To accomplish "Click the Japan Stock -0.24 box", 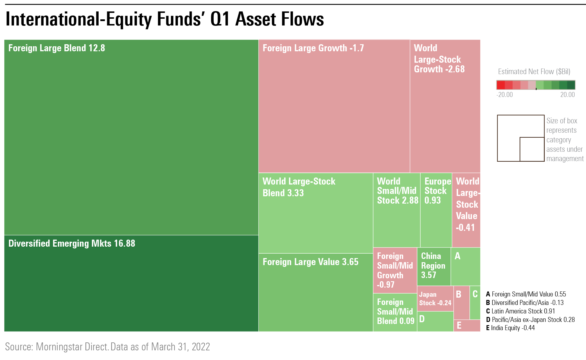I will click(435, 299).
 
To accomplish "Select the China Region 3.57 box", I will click(434, 266).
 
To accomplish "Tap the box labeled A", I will click(465, 266).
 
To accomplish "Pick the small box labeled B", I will click(462, 303).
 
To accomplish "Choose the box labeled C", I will click(475, 303).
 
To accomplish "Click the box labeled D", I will click(435, 321).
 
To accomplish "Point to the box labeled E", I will click(467, 325).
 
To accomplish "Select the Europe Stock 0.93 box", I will click(436, 210).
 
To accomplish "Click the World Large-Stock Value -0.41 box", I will click(466, 210).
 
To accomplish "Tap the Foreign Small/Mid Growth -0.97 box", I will click(395, 270).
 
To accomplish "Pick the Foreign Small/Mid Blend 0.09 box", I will click(395, 312).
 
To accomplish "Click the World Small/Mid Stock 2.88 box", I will click(397, 210).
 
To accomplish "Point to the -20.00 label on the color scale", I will click(504, 95).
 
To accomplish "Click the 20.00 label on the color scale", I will click(567, 95).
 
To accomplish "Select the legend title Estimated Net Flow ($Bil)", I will click(534, 72).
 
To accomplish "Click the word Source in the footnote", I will click(18, 347).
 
